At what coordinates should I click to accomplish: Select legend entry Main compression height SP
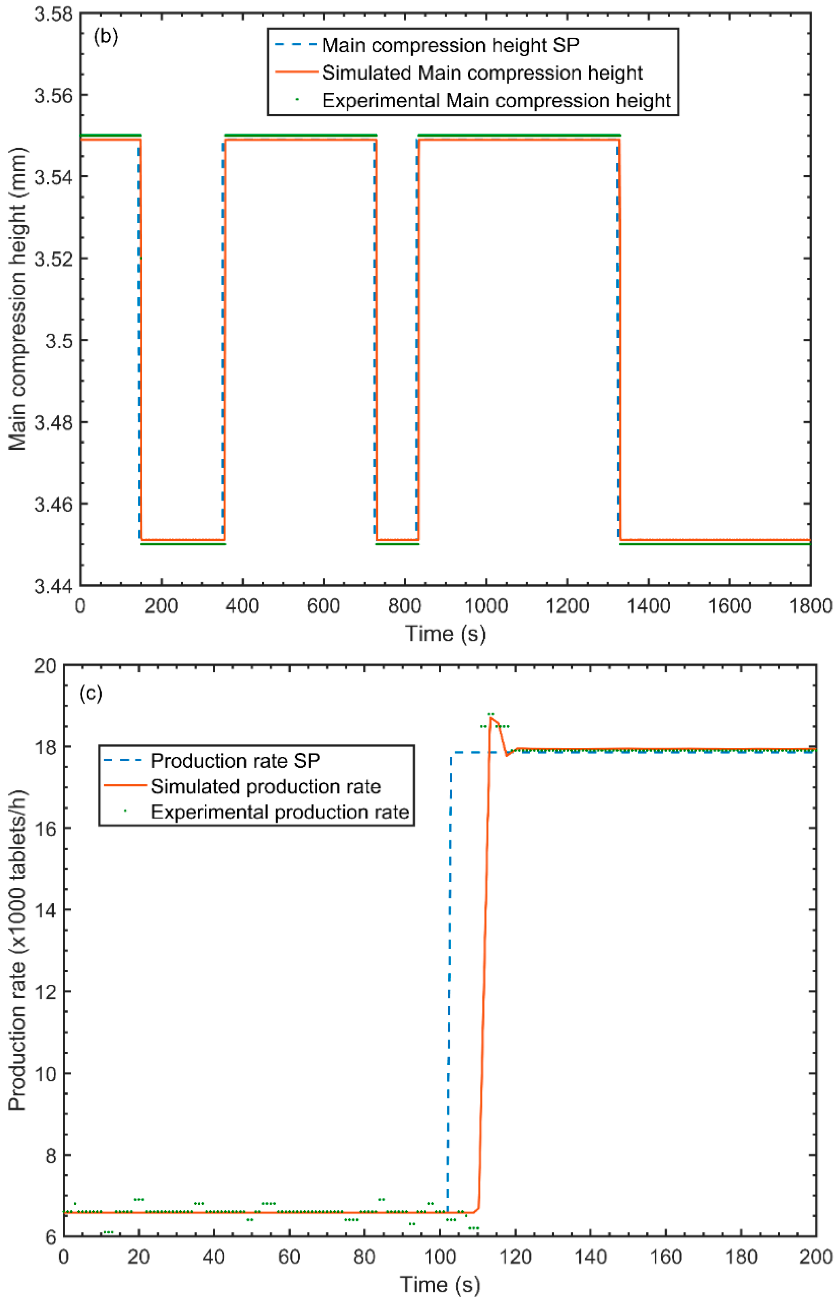click(450, 45)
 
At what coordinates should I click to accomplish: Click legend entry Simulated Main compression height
click(482, 73)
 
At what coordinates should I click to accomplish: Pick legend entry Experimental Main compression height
click(496, 101)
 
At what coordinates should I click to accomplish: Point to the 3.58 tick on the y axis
click(53, 14)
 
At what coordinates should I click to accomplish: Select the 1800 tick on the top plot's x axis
click(810, 606)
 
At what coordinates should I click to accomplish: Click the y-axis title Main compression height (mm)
click(18, 300)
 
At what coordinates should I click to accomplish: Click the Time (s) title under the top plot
click(445, 633)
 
